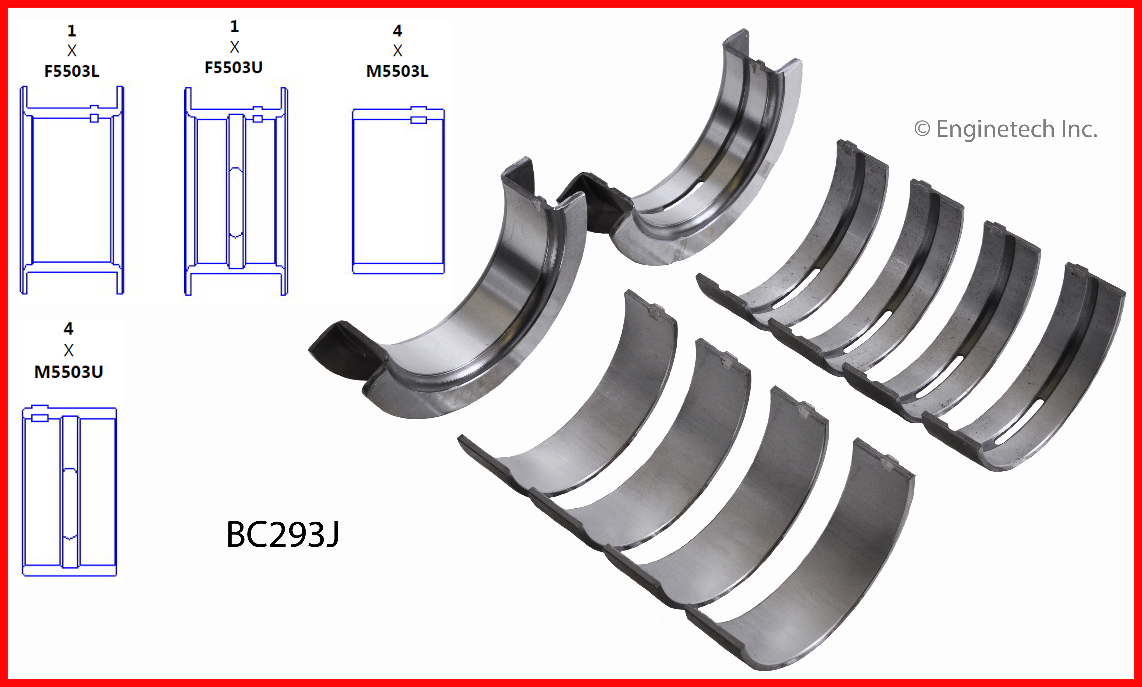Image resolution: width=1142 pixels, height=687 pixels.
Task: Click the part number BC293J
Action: click(x=283, y=535)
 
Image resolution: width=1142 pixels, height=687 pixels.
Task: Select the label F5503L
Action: click(x=72, y=71)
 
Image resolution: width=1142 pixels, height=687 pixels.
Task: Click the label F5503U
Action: click(x=234, y=67)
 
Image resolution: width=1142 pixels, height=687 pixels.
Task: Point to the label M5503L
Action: click(x=397, y=71)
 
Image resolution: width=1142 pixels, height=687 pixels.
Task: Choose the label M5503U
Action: click(x=68, y=372)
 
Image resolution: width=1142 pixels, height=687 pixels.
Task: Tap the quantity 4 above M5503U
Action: click(x=68, y=329)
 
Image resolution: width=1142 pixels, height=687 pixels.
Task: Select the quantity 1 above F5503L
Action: click(x=72, y=30)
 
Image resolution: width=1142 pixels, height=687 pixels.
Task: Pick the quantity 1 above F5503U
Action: click(x=235, y=26)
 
